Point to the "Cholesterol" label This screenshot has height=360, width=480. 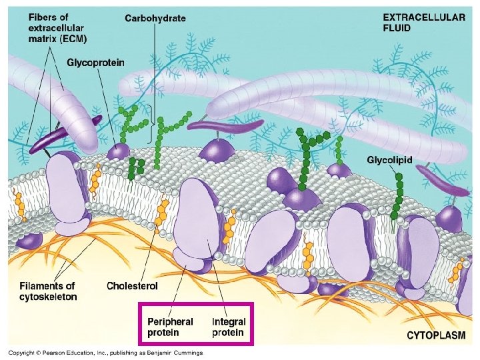[x=133, y=286]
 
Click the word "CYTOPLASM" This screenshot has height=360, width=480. [x=436, y=336]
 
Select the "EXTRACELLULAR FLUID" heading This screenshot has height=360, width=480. [x=424, y=23]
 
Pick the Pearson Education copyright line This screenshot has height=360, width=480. [x=105, y=352]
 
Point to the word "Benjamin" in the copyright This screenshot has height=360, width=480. [x=162, y=352]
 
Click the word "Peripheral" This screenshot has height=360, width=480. [x=170, y=321]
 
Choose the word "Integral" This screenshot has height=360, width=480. [x=228, y=321]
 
